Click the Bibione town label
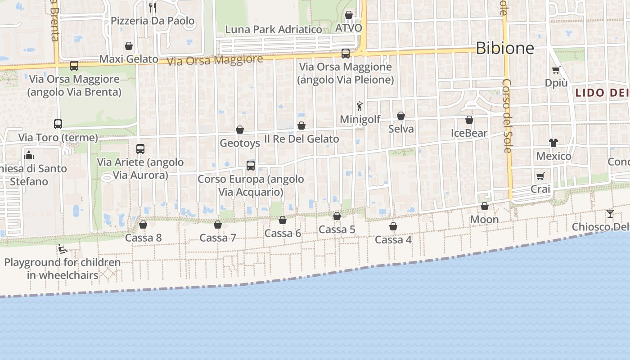coord(504,48)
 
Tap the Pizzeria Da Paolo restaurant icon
coord(153,7)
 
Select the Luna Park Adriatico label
coord(274,30)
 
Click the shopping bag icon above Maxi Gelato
coord(129,46)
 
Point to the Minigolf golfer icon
coord(359,107)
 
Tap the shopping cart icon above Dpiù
coord(556,70)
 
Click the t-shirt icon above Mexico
coord(553,143)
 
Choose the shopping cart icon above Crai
coord(540,176)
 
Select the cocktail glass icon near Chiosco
coord(610,213)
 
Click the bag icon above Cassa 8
coord(143,224)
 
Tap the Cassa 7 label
coord(218,238)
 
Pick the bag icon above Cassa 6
coord(283,220)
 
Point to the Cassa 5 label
coord(337,229)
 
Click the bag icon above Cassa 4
coord(393,226)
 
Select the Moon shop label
coord(484,220)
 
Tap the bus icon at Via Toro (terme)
coord(58,124)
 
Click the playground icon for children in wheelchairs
coord(63,249)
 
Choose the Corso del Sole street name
coord(507,116)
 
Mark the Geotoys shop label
coord(240,143)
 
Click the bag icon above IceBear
coord(469,120)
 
